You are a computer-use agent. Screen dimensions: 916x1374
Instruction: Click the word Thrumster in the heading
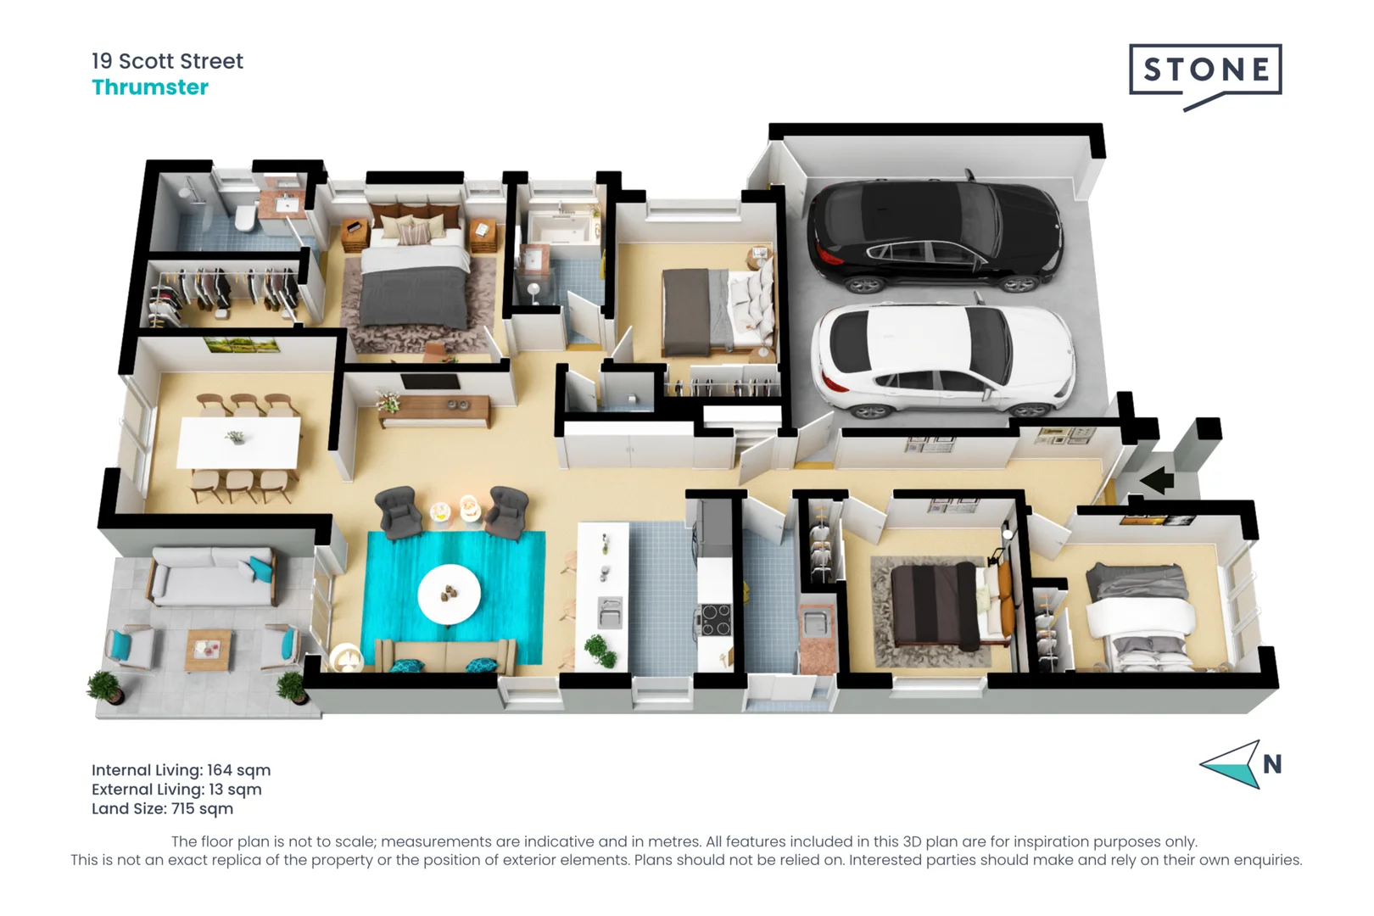click(x=150, y=87)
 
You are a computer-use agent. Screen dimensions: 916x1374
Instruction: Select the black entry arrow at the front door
click(x=1157, y=481)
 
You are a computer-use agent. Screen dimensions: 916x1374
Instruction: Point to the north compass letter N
click(x=1271, y=765)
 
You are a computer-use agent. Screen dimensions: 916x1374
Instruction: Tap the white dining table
click(x=238, y=442)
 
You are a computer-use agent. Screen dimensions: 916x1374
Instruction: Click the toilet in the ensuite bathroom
click(x=245, y=217)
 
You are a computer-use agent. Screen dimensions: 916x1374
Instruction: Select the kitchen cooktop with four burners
click(x=715, y=619)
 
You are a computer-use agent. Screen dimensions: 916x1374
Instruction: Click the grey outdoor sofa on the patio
click(x=212, y=577)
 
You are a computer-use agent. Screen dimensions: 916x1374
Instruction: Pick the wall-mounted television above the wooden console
click(x=430, y=382)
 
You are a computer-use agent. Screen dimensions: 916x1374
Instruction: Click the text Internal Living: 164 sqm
click(x=181, y=770)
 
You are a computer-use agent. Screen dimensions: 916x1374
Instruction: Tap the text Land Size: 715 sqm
click(x=162, y=808)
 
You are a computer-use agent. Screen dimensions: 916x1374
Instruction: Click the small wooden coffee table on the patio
click(x=209, y=649)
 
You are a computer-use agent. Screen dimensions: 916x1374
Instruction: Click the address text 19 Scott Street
click(x=167, y=61)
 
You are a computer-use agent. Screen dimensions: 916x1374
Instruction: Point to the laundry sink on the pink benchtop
click(x=815, y=624)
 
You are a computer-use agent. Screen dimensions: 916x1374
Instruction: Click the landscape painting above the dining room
click(x=243, y=345)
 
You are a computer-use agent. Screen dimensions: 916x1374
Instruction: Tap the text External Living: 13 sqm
click(x=176, y=790)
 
